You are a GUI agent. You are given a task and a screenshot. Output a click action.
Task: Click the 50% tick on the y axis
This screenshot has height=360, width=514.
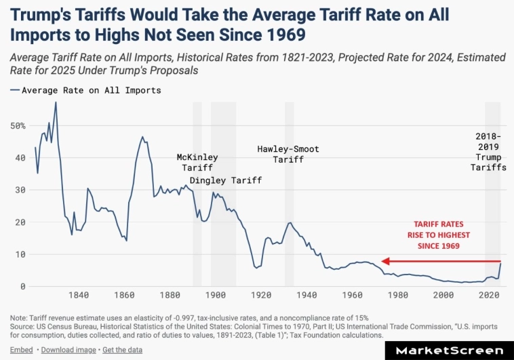(x=18, y=125)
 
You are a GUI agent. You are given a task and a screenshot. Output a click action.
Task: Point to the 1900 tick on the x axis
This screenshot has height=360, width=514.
(x=216, y=295)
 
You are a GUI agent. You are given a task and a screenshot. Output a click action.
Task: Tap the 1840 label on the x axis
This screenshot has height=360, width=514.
(x=79, y=295)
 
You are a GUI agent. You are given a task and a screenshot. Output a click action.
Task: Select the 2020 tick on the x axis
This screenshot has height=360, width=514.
(x=489, y=295)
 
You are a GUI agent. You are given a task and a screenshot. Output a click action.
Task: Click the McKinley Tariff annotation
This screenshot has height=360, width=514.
(x=195, y=162)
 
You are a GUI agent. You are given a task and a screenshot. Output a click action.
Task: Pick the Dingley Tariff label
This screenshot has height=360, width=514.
(x=225, y=180)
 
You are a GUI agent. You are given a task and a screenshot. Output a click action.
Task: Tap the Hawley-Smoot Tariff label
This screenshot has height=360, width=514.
(x=288, y=154)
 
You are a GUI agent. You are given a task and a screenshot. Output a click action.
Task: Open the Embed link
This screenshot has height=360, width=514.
(x=21, y=348)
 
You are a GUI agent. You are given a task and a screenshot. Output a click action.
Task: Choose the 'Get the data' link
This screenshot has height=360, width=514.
(x=123, y=348)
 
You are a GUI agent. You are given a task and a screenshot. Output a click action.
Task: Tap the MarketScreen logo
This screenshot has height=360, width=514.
(x=449, y=351)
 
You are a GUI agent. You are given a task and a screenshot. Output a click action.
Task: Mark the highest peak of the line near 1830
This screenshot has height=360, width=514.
(x=56, y=102)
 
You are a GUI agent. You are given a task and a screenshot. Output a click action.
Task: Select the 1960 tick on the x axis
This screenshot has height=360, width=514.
(x=353, y=295)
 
